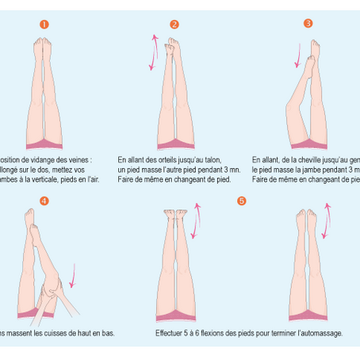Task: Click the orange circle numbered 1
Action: coord(44,25)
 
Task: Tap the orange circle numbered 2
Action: coord(174,25)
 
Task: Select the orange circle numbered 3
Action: coord(308,24)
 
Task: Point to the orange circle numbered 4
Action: coord(44,201)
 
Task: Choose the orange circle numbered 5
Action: coord(241,201)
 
